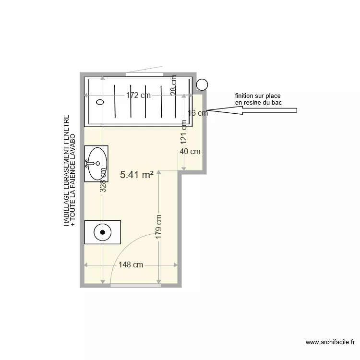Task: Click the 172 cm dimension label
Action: [x=138, y=96]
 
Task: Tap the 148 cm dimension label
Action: [x=131, y=265]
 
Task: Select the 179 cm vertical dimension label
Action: [x=159, y=227]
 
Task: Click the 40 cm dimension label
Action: [x=190, y=152]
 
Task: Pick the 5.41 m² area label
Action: [x=137, y=175]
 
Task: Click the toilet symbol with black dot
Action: [x=102, y=232]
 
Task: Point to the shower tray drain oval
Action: [x=100, y=102]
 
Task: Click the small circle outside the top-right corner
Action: [x=203, y=84]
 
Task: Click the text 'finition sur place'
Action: [x=258, y=96]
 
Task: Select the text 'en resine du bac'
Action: [x=258, y=103]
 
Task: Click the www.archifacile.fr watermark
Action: [x=329, y=342]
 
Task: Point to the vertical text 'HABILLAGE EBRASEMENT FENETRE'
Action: [x=66, y=170]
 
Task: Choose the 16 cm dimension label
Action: [x=198, y=113]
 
